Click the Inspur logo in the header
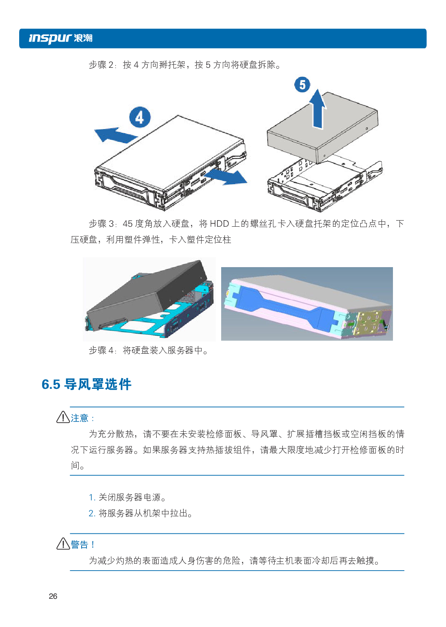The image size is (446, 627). [60, 38]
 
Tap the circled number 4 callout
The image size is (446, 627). [140, 118]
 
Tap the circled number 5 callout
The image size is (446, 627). [302, 85]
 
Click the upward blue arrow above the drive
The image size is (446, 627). [317, 109]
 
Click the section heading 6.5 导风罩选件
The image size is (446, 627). [87, 384]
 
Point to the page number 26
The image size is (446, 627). [53, 596]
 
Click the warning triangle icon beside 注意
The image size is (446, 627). [63, 417]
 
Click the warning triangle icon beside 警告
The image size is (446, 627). [63, 544]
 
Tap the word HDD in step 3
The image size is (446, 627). [219, 224]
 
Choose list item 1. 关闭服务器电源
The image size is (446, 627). [127, 498]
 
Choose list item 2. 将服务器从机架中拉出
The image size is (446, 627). [141, 513]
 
